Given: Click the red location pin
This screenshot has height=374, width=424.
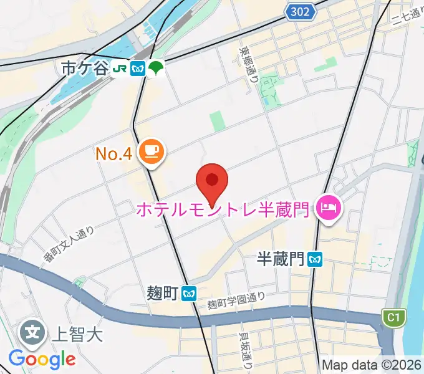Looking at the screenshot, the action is tap(212, 181).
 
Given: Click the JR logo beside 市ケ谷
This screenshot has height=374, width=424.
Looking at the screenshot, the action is tap(120, 69).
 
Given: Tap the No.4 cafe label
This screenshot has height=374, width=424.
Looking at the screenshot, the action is tap(113, 153).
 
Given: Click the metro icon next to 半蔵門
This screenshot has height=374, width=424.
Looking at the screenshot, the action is tap(316, 259).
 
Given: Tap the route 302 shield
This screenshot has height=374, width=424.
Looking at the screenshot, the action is tap(301, 12).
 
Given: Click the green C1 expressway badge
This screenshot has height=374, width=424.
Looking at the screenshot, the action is tap(392, 318).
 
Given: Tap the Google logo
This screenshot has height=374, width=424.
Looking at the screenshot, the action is tap(42, 358).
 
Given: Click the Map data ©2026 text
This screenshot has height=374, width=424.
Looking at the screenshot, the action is tap(371, 365).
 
